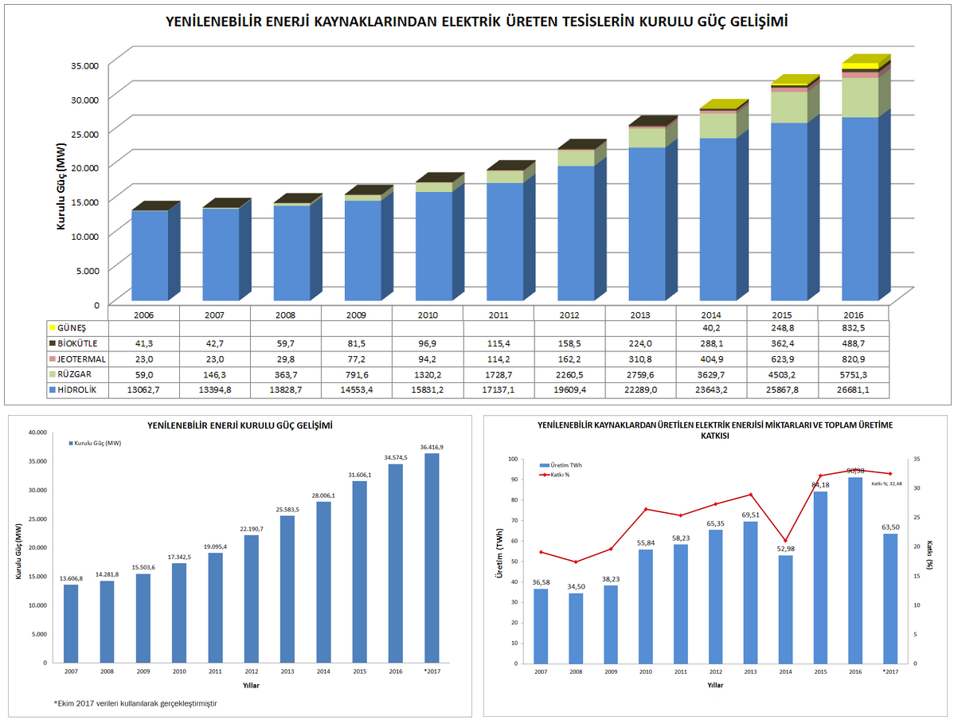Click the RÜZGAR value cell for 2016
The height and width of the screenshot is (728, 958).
(x=854, y=374)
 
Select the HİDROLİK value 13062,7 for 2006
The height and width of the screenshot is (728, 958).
(x=144, y=390)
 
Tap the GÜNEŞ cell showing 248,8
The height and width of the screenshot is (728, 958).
(x=782, y=327)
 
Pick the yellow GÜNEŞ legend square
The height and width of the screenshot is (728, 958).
(x=52, y=327)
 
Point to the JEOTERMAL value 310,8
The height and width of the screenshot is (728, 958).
(x=640, y=359)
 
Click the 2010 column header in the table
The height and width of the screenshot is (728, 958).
(x=428, y=315)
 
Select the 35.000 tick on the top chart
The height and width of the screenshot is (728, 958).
(x=84, y=65)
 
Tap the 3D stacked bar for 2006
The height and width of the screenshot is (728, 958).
(x=150, y=255)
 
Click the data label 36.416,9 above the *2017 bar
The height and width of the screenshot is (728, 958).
(x=431, y=447)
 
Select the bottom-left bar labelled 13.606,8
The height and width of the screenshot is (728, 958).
(x=71, y=623)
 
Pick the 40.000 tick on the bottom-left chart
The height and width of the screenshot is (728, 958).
(x=37, y=432)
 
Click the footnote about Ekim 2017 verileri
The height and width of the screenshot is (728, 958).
(x=135, y=703)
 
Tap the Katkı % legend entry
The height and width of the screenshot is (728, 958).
(x=561, y=475)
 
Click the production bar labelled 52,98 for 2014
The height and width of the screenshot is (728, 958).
(x=785, y=609)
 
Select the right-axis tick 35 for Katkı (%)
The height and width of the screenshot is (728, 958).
(x=917, y=459)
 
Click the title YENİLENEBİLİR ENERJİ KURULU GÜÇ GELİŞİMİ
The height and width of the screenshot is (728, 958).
(x=240, y=426)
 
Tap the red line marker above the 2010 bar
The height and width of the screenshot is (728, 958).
(x=646, y=509)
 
